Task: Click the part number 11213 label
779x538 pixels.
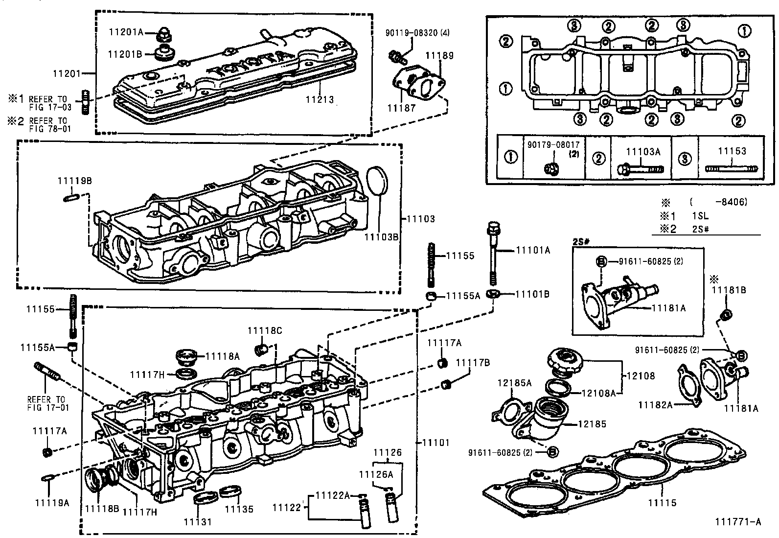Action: [x=320, y=100]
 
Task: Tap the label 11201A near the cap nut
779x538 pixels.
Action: [x=126, y=32]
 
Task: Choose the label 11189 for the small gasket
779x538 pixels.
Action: [x=439, y=55]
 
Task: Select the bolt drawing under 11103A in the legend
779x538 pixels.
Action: [x=642, y=169]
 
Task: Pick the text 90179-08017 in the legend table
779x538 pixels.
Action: [x=553, y=145]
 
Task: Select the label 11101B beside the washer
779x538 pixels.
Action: [x=532, y=294]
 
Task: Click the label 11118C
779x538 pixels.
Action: [x=265, y=331]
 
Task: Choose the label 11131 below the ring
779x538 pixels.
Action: [x=198, y=522]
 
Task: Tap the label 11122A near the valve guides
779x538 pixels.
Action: [x=332, y=495]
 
